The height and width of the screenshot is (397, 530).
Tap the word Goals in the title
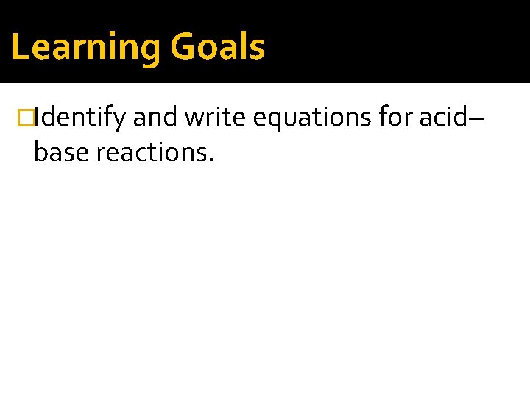(218, 47)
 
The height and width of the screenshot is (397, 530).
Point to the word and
(155, 117)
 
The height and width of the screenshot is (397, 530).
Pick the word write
(215, 117)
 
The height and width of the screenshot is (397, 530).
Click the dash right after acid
(476, 118)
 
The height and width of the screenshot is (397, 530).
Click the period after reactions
(211, 160)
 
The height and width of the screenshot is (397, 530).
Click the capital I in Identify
(37, 117)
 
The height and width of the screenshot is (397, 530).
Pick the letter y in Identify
(119, 120)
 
